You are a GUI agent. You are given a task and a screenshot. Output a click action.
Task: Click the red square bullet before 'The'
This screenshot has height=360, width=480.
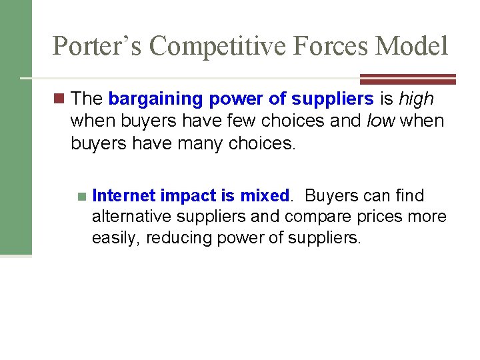[x=60, y=99]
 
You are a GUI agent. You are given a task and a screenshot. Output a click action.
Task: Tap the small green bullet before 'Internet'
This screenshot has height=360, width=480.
[x=81, y=197]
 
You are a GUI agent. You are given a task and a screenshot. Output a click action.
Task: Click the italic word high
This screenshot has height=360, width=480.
[x=417, y=99]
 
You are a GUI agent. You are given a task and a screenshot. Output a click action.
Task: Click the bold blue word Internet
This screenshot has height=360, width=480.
[x=125, y=195]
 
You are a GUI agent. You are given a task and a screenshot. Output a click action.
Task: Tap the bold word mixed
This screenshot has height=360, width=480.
[x=265, y=195]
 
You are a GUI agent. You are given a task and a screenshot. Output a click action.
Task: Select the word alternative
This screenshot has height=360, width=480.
[x=129, y=217]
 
